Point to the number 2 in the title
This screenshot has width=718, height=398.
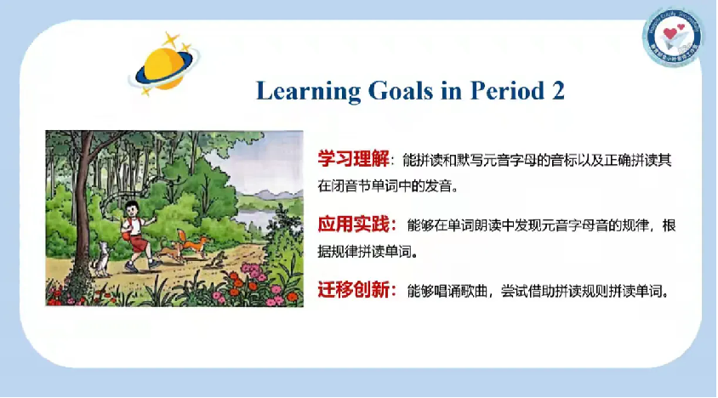click(557, 91)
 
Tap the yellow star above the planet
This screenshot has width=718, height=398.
click(174, 39)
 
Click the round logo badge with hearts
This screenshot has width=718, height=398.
click(672, 37)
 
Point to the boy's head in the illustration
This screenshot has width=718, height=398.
click(131, 207)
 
